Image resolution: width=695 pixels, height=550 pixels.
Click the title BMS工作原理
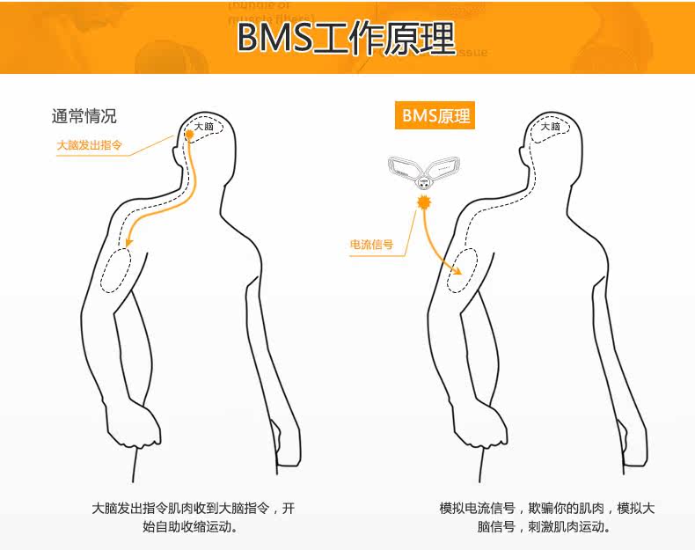click(346, 38)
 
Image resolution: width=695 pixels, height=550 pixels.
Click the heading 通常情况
click(84, 116)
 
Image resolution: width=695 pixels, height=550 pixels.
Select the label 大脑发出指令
click(89, 144)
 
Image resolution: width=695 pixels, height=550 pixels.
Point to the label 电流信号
click(371, 245)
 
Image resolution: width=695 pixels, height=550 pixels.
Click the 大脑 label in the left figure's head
click(204, 128)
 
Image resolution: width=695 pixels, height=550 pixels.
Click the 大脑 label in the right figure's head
click(551, 127)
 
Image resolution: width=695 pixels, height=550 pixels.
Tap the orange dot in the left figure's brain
click(188, 135)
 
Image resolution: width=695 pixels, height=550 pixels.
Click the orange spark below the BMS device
click(424, 202)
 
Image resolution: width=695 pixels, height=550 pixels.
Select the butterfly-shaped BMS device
click(422, 171)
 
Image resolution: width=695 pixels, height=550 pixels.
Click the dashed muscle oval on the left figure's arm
click(116, 270)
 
